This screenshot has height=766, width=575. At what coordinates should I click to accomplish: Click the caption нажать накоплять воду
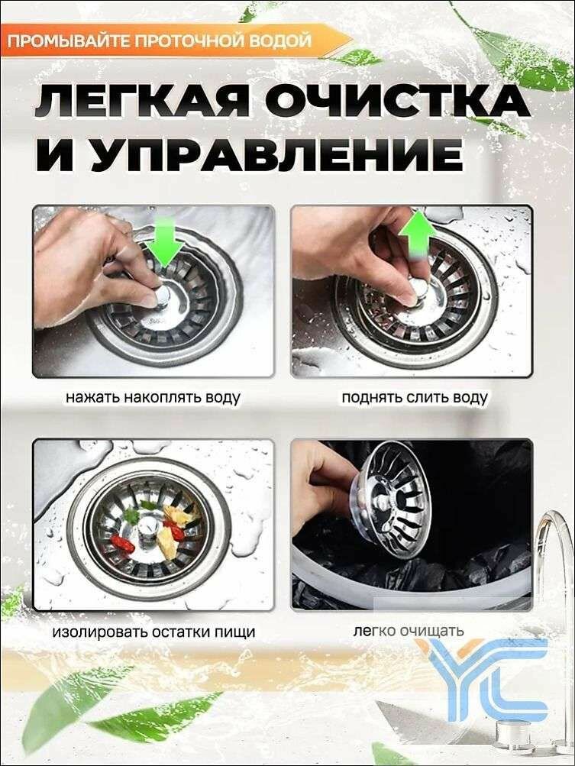point(153,398)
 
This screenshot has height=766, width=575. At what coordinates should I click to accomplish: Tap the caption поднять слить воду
point(415,398)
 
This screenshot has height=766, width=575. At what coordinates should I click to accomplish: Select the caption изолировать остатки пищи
point(153,632)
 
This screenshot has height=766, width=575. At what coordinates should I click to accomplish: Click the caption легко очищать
point(409,631)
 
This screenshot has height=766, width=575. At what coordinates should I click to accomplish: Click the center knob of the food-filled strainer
point(150,528)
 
